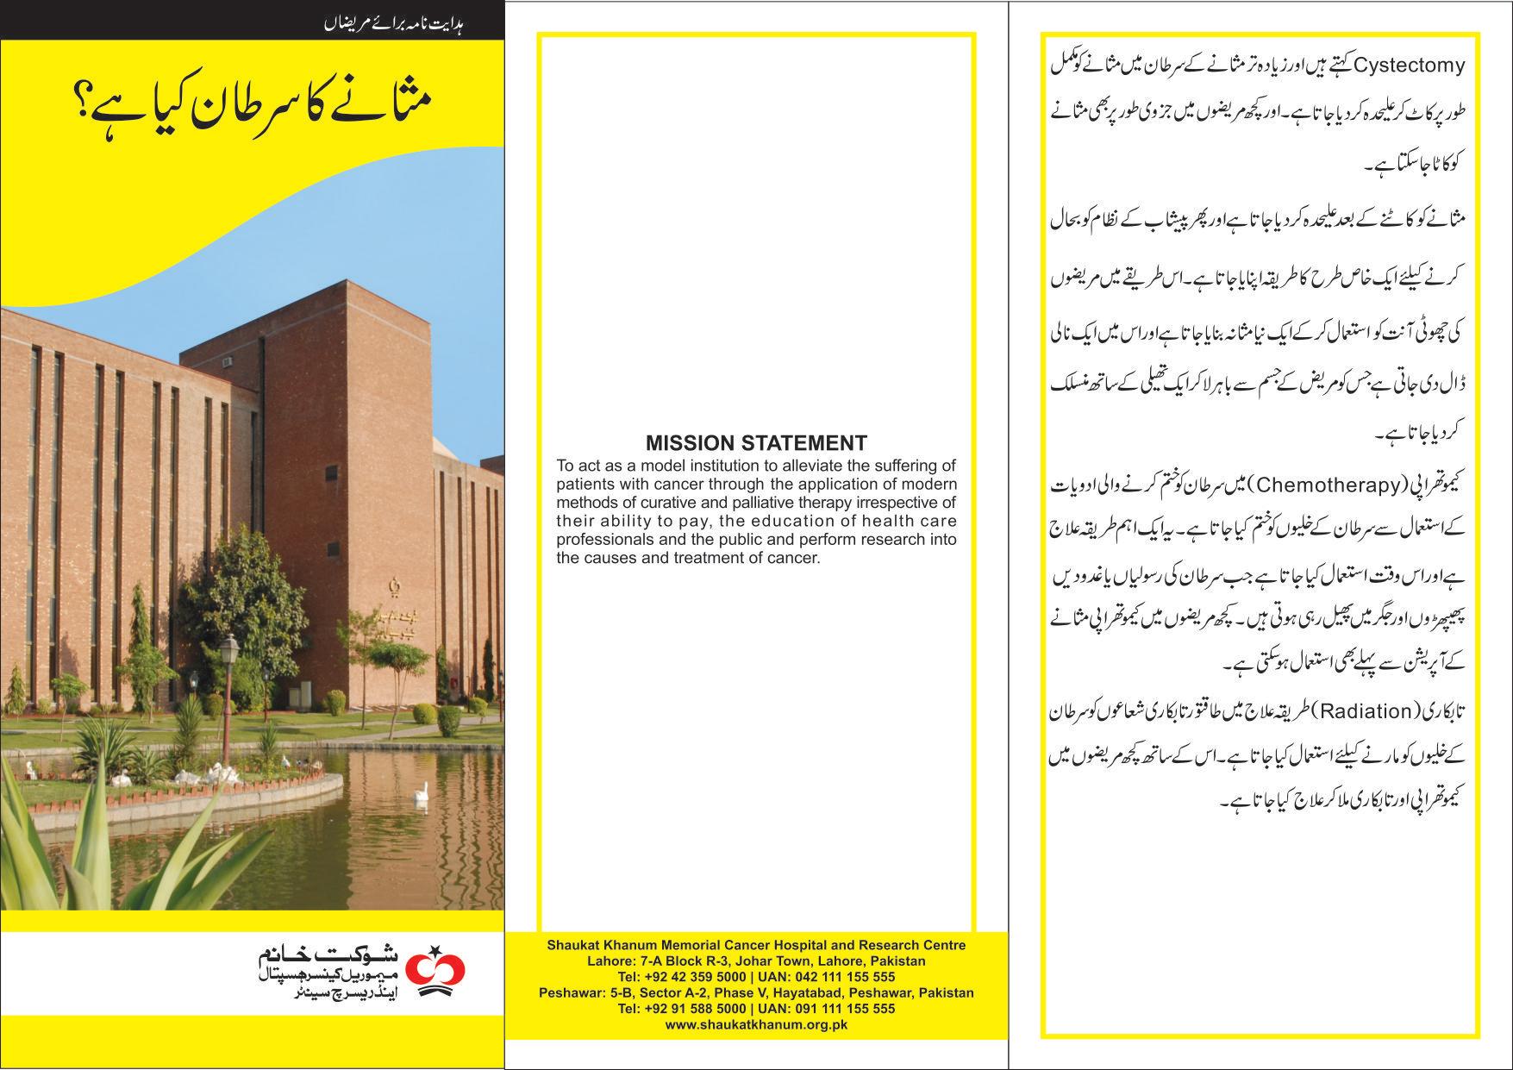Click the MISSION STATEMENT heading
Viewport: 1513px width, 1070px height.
pos(756,444)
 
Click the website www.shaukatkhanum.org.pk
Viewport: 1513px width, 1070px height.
pos(756,1024)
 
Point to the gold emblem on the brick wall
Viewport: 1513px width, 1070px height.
pos(397,586)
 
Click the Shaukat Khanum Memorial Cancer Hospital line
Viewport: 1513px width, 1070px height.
pos(756,945)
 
